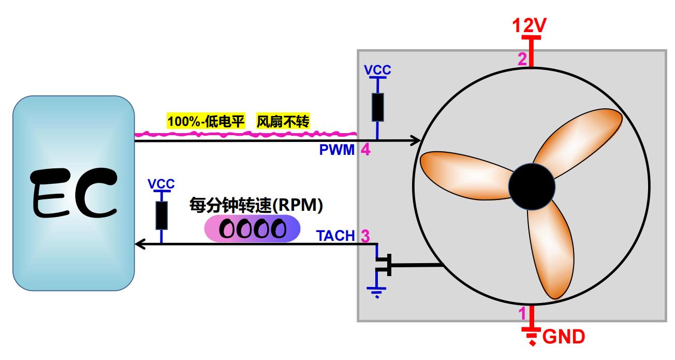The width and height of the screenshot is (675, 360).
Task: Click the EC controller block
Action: [74, 193]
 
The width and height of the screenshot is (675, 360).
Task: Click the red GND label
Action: [563, 337]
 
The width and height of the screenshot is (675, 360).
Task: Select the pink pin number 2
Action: [522, 59]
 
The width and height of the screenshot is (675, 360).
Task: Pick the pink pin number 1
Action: [522, 313]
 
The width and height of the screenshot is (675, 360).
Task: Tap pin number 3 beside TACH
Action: [364, 236]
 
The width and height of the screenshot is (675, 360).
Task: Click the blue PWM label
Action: [336, 151]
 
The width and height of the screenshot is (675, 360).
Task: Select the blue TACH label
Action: [335, 236]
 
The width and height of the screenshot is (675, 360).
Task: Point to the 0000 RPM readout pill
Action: [252, 229]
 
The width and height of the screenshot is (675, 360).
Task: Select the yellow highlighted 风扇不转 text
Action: [283, 122]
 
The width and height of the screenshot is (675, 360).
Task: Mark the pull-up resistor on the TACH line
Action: [162, 215]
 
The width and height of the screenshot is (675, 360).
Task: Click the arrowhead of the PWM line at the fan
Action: [416, 140]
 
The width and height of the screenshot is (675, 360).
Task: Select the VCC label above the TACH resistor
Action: [161, 184]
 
